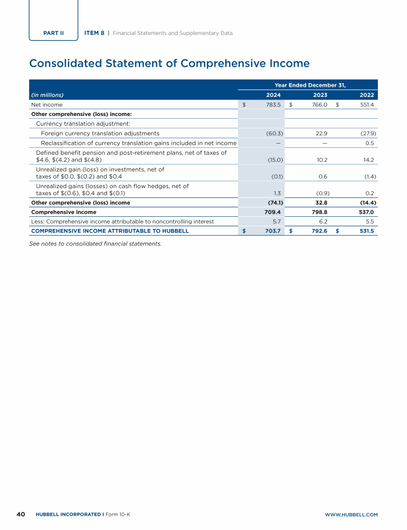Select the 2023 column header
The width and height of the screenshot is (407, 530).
[320, 95]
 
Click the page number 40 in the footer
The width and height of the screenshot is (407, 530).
[21, 514]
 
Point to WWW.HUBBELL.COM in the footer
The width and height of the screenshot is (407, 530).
[351, 515]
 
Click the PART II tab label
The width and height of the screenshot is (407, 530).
[54, 33]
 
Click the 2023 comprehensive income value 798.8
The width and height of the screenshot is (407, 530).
[319, 212]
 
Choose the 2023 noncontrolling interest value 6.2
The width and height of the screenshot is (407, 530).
[323, 222]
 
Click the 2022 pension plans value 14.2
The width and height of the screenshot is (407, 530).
[369, 160]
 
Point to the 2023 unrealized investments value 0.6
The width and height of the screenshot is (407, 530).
[323, 176]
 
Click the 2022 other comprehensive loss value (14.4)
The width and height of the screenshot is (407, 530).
[368, 202]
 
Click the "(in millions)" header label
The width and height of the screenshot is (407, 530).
[47, 95]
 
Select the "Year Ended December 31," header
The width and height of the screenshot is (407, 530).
[310, 85]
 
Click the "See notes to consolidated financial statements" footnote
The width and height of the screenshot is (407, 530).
[95, 244]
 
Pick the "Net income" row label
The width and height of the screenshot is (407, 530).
[47, 105]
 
